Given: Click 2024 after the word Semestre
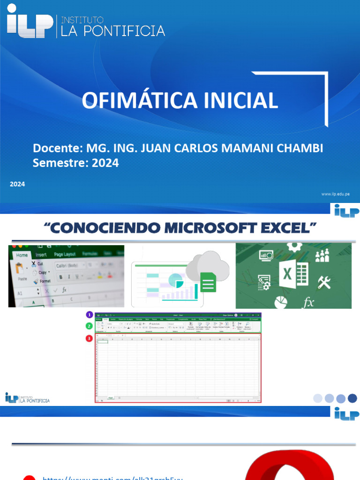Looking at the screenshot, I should (105, 163).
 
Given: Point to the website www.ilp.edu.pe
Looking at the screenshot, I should (335, 194).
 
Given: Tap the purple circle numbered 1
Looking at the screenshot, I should (89, 315).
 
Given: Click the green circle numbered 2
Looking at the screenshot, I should (89, 326).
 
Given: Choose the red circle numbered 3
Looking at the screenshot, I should (89, 338).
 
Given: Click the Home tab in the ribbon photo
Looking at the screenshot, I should (22, 255).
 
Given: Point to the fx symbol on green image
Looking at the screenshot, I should (308, 303).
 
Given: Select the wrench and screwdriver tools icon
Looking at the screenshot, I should (324, 282).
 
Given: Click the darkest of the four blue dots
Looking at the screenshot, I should (352, 398).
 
